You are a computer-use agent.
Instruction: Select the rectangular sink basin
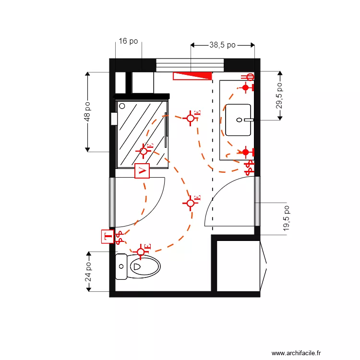(238, 120)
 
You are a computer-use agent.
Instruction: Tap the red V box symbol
(143, 170)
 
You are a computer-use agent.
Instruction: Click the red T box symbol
(108, 236)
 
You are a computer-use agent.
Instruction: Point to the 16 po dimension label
(128, 41)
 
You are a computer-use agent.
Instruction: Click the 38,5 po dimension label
(222, 45)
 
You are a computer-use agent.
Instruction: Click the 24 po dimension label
(88, 272)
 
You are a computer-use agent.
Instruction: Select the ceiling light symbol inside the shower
(144, 151)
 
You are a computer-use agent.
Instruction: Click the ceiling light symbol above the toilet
(141, 252)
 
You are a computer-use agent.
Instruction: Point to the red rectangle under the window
(192, 75)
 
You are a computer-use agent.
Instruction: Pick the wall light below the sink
(246, 152)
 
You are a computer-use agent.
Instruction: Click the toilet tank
(121, 266)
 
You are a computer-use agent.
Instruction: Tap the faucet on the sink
(247, 120)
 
